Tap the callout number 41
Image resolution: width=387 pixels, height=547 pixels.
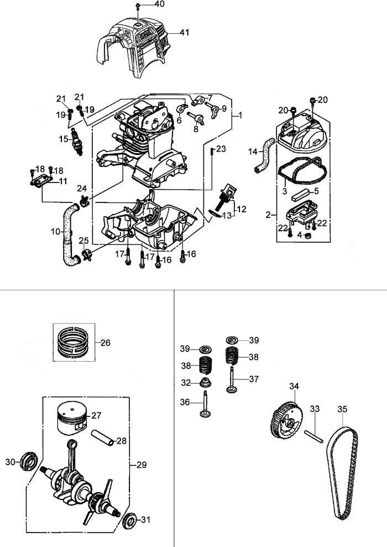point(184,33)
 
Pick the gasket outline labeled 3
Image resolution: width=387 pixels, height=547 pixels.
point(299,171)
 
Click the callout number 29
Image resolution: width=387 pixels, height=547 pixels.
point(141,465)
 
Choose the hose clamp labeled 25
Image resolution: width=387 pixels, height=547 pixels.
point(85,254)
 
